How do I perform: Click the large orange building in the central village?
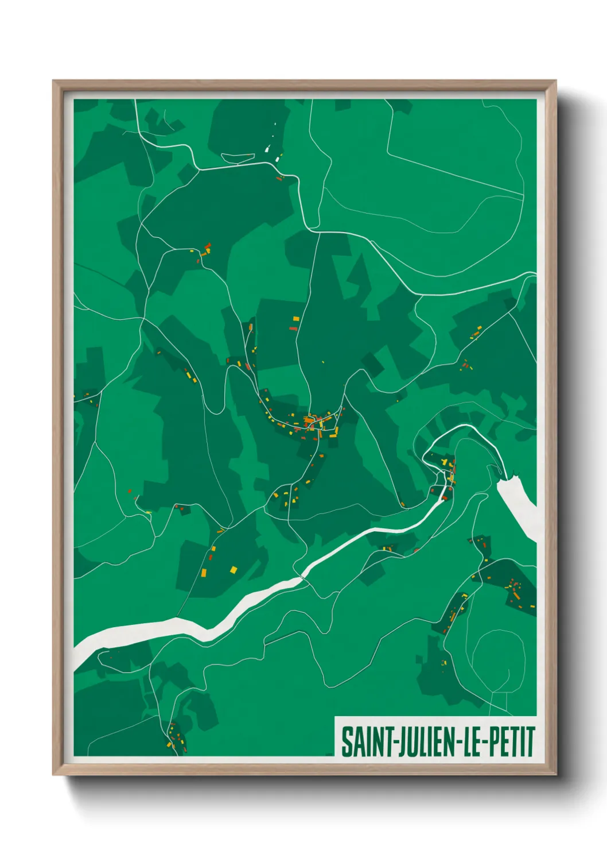click(x=310, y=421)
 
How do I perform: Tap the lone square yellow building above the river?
click(x=234, y=569)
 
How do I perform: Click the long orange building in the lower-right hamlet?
click(x=452, y=616)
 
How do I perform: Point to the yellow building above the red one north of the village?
click(x=296, y=319)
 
